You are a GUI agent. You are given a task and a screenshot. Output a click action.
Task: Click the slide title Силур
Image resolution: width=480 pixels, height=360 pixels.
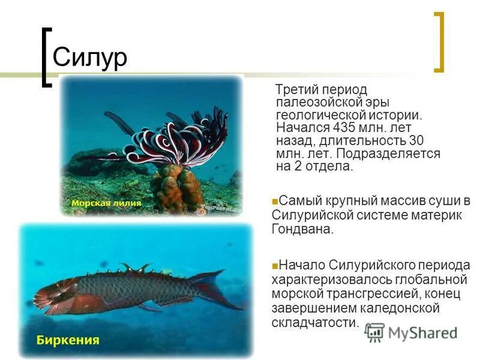(90, 58)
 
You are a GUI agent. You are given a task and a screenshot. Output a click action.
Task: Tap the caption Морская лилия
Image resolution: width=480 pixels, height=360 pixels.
(106, 203)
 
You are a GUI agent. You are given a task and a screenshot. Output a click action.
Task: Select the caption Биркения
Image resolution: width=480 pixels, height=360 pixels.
(68, 340)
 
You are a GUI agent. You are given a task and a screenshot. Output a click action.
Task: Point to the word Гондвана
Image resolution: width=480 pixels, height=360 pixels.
(301, 229)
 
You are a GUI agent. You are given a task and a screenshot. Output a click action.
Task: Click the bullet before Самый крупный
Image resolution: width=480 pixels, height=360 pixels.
(274, 201)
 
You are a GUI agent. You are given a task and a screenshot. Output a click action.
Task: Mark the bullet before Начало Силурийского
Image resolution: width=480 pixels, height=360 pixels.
(274, 265)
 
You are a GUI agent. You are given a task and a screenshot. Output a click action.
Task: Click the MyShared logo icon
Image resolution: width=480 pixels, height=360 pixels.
(374, 332)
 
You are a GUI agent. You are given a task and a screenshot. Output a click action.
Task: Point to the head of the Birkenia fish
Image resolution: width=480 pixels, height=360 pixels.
(51, 295)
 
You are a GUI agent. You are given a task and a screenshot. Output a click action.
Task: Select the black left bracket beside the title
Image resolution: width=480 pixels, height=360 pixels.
(45, 57)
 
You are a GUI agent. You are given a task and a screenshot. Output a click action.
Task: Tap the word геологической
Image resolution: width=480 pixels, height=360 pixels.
(318, 114)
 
